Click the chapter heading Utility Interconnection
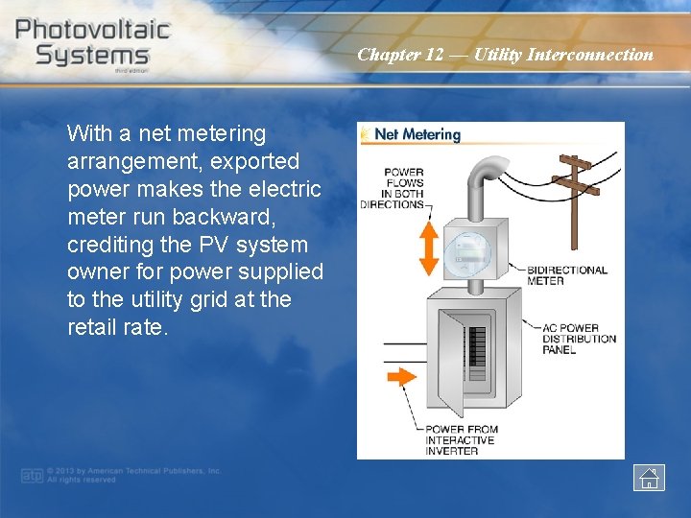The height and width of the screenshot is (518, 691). point(505,55)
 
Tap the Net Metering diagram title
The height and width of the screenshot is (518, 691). point(417,135)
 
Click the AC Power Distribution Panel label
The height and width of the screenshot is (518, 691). point(579,339)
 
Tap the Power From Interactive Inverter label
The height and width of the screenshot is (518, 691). point(462,440)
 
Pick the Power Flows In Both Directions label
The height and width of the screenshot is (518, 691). point(393,188)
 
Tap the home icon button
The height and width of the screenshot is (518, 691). point(649,477)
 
